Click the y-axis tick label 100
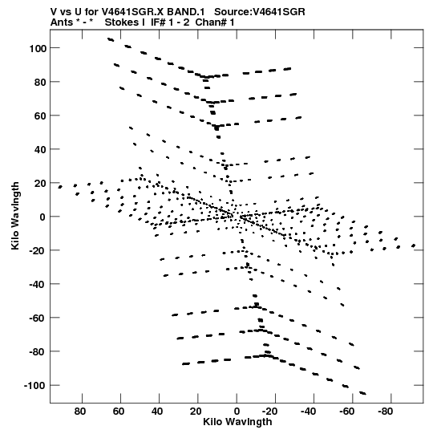point(37,48)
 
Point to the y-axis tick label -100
point(34,386)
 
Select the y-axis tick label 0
point(42,217)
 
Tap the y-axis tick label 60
point(39,116)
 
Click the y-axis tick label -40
point(37,285)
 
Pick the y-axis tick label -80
point(37,352)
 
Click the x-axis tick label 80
point(80,412)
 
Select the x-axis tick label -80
point(386,412)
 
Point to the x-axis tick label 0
point(237,412)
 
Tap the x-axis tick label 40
point(157,412)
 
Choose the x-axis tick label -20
point(269,412)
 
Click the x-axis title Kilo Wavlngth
point(237,422)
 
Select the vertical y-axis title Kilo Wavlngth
point(15,216)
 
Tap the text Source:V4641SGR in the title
point(260,12)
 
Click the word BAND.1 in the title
point(186,12)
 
